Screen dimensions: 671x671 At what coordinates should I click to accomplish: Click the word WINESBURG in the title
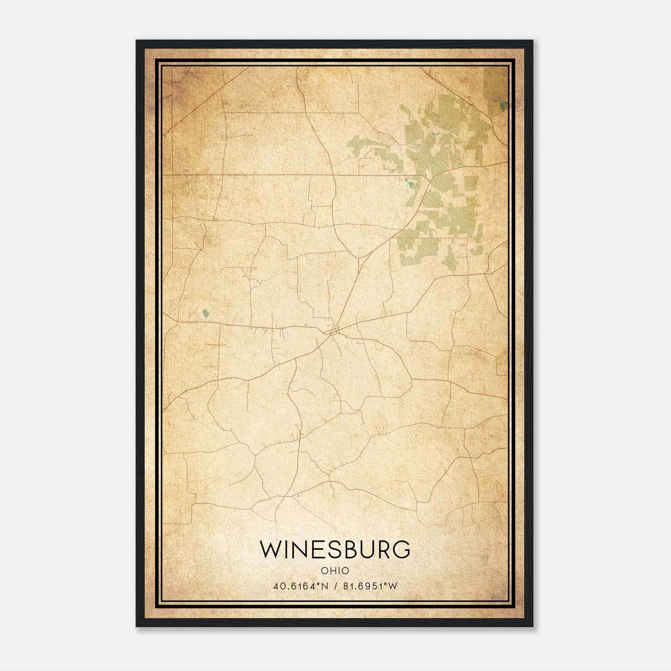tap(335, 549)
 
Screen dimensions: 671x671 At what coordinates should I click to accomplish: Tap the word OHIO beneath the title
tap(335, 570)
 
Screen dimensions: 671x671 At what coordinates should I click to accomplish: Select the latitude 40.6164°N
tap(301, 586)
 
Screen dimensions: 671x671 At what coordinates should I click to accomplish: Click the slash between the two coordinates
tap(335, 586)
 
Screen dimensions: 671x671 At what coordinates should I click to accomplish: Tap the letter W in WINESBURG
tap(269, 549)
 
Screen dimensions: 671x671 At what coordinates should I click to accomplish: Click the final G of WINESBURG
tap(401, 549)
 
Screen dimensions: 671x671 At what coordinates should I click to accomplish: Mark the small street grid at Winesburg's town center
tap(333, 331)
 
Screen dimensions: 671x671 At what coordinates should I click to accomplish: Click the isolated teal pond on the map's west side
tap(205, 313)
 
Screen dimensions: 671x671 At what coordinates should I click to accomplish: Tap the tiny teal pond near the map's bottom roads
tap(298, 496)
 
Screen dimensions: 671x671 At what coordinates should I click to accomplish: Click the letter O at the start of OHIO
tap(325, 570)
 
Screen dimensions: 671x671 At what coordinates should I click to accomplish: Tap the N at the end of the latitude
tap(324, 586)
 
